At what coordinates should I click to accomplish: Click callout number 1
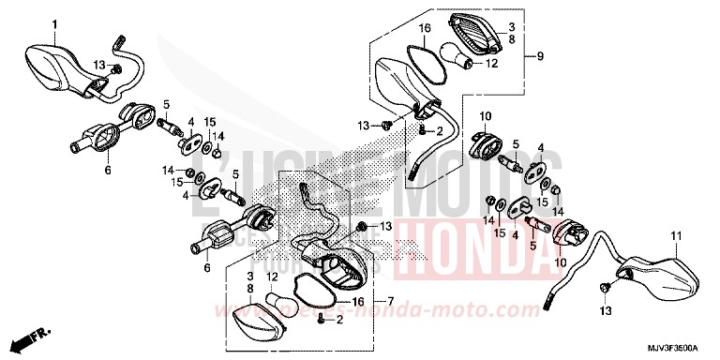(53, 22)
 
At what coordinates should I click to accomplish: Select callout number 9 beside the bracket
(541, 58)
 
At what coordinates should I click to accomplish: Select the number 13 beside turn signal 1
(98, 64)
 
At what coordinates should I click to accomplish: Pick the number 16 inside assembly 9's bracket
(424, 29)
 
